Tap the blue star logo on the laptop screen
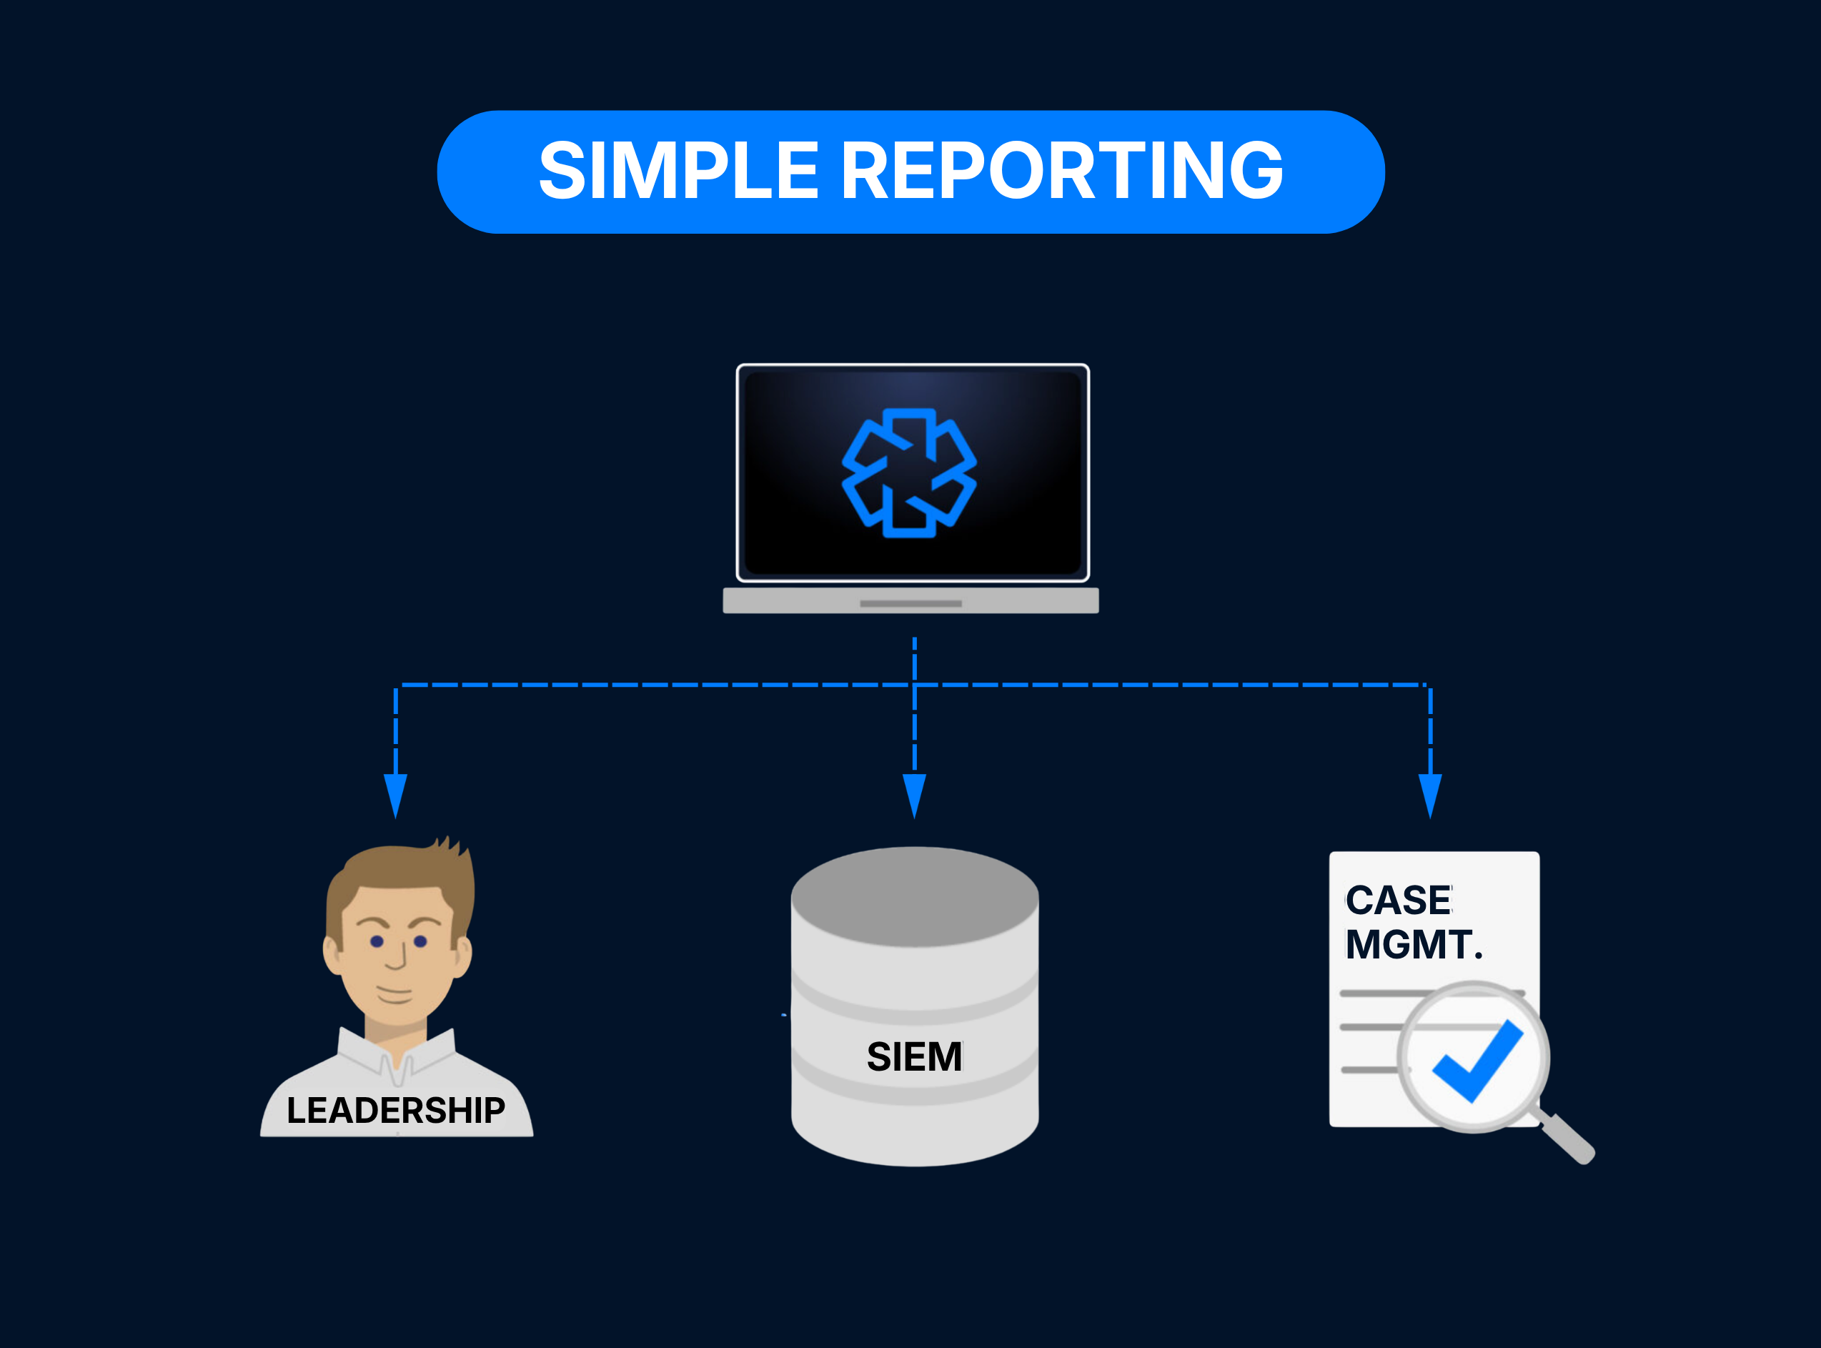[x=909, y=473]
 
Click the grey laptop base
[x=911, y=600]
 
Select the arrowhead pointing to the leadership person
[x=396, y=796]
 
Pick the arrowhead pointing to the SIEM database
[x=915, y=796]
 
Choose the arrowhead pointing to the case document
[x=1430, y=796]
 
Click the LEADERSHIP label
[x=396, y=1111]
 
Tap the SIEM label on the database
[x=915, y=1056]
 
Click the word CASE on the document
[x=1399, y=901]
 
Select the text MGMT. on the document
[x=1414, y=945]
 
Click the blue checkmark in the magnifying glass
[x=1477, y=1061]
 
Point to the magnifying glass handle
[x=1567, y=1139]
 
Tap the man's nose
[x=397, y=955]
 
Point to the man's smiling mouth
[x=395, y=995]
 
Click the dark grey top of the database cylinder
[x=915, y=897]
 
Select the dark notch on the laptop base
[x=911, y=604]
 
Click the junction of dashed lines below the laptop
[x=915, y=685]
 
